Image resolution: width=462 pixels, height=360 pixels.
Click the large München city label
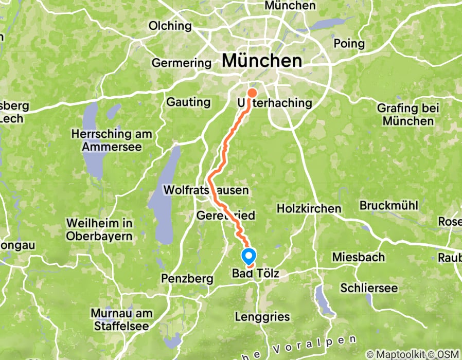(x=262, y=61)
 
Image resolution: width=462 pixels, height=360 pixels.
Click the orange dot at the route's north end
(x=253, y=93)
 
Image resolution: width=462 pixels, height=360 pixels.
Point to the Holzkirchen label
(x=309, y=208)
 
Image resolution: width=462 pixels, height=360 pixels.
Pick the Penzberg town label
(x=187, y=279)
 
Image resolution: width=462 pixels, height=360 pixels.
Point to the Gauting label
(x=188, y=102)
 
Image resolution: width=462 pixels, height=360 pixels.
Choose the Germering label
(x=182, y=63)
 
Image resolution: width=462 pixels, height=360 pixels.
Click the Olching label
(x=170, y=26)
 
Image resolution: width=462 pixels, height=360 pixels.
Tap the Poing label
(x=349, y=43)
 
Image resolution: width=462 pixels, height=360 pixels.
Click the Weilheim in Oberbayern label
(x=100, y=230)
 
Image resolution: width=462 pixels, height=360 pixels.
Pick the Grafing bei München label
(x=408, y=115)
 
